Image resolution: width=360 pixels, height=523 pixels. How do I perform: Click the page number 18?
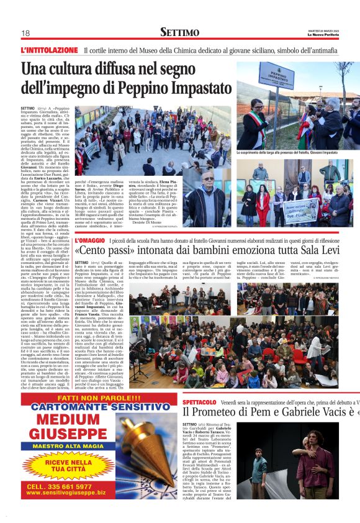25,33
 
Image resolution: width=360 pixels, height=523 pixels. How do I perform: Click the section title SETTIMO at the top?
179,32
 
